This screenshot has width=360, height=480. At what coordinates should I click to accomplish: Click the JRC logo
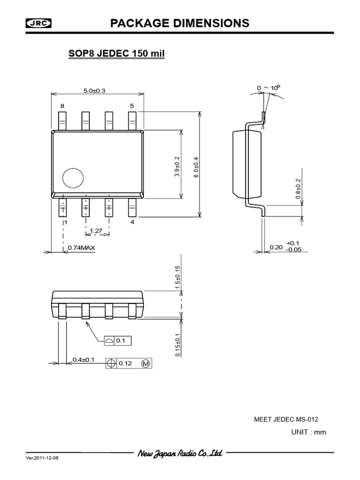[38, 23]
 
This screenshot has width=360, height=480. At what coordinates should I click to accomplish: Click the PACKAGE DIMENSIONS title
[180, 23]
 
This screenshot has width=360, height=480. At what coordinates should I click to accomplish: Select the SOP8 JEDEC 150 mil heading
[116, 53]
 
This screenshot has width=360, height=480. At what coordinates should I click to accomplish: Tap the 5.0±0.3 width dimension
[94, 90]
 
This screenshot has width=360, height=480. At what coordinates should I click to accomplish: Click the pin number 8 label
[62, 106]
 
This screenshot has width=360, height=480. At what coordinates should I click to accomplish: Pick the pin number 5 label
[132, 106]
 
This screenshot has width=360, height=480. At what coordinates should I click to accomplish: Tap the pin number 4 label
[132, 222]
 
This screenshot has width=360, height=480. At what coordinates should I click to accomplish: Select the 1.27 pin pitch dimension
[96, 231]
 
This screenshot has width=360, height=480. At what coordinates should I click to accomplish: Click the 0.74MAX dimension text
[82, 247]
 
